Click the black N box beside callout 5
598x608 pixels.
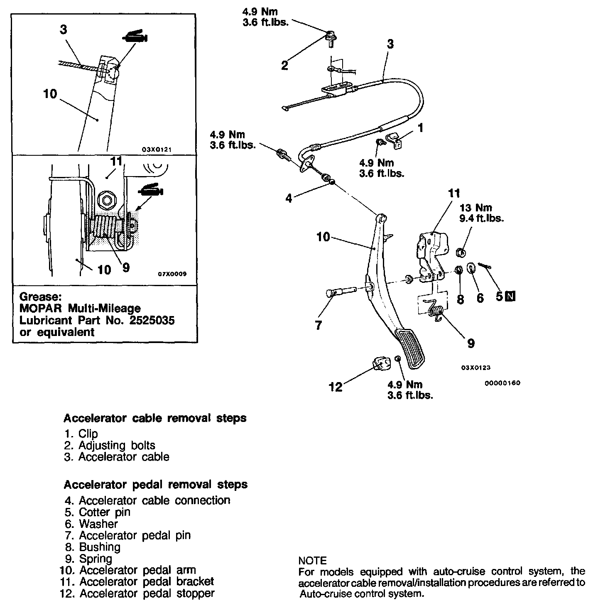(x=511, y=296)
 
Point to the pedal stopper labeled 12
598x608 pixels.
(x=381, y=365)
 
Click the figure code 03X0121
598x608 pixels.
(x=157, y=149)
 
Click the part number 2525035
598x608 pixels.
(x=150, y=320)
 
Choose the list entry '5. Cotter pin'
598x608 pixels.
(x=98, y=512)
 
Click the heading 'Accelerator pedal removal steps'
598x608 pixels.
(x=155, y=485)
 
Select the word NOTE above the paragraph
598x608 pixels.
(x=313, y=561)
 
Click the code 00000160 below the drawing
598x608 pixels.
(x=502, y=383)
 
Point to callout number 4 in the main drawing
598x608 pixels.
(x=289, y=198)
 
